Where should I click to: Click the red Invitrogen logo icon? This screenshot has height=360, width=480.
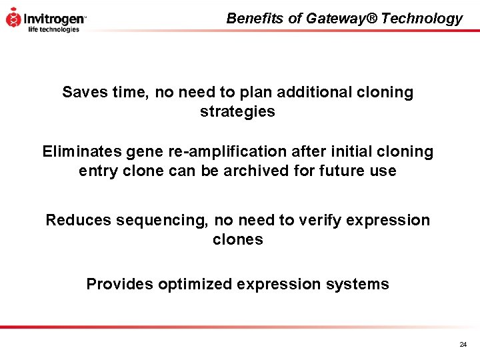click(13, 17)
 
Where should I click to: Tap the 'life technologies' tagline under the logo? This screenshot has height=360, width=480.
click(53, 29)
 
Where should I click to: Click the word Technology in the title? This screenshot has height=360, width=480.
click(422, 19)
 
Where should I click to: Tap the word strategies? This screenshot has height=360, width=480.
click(237, 112)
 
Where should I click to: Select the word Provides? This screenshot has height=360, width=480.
click(119, 284)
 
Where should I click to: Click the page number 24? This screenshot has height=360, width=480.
click(463, 345)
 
